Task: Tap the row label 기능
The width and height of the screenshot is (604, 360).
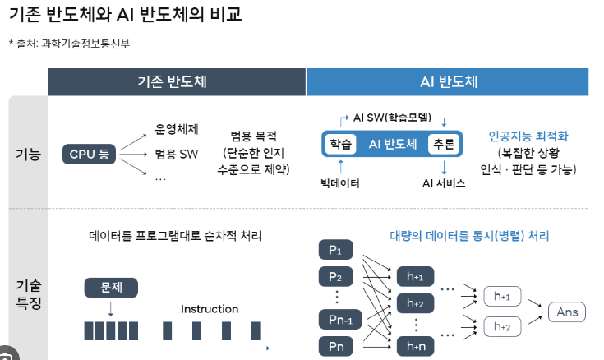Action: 28,153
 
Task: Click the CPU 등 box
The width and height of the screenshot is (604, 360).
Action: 89,153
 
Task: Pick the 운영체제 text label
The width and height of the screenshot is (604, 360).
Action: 177,129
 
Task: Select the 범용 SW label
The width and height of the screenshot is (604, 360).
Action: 177,154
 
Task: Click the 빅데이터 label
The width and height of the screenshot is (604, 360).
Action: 340,182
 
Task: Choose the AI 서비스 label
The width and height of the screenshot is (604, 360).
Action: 444,182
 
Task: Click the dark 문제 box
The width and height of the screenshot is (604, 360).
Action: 111,288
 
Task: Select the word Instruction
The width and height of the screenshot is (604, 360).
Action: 210,309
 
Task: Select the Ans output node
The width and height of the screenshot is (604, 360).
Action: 567,312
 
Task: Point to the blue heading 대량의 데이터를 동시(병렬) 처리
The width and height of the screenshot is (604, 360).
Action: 469,236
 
